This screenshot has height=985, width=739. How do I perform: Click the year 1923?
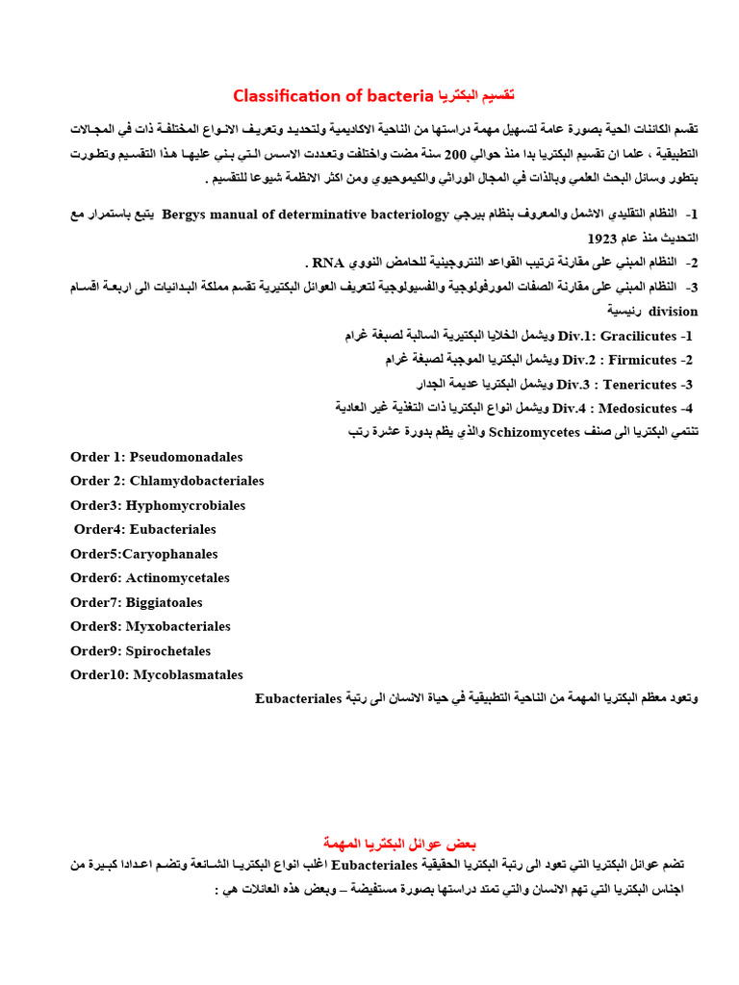[x=601, y=238]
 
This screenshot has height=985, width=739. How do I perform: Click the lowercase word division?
[x=674, y=312]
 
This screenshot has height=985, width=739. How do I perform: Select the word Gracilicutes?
[x=638, y=336]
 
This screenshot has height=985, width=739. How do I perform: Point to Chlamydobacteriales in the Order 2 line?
[x=197, y=481]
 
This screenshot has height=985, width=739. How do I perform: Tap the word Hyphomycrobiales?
[x=186, y=505]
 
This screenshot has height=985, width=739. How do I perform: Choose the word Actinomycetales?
[x=178, y=578]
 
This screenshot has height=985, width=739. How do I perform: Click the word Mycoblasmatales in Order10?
[x=188, y=675]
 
